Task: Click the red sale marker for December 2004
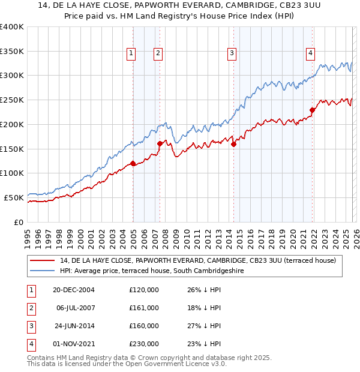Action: tap(133, 163)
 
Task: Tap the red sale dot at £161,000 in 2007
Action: tap(160, 143)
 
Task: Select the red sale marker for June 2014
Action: tap(233, 144)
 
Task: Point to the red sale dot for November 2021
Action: tap(312, 110)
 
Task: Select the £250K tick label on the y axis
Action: tap(12, 100)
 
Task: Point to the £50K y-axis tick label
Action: tap(14, 197)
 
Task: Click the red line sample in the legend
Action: tap(43, 260)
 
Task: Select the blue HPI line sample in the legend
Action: tap(43, 271)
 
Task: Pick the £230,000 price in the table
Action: tap(144, 344)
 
